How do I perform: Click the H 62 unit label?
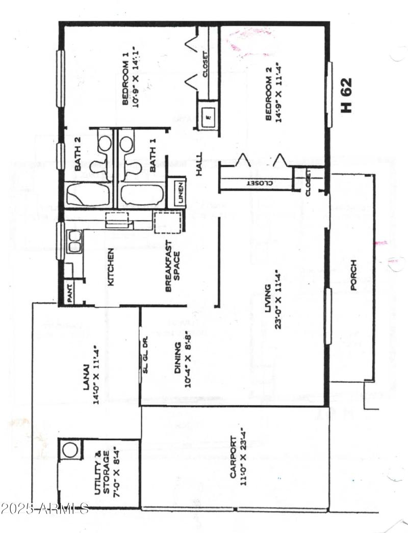tap(347, 95)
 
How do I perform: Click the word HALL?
tap(199, 165)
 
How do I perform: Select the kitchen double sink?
tap(74, 241)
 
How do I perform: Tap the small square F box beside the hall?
tap(208, 116)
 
